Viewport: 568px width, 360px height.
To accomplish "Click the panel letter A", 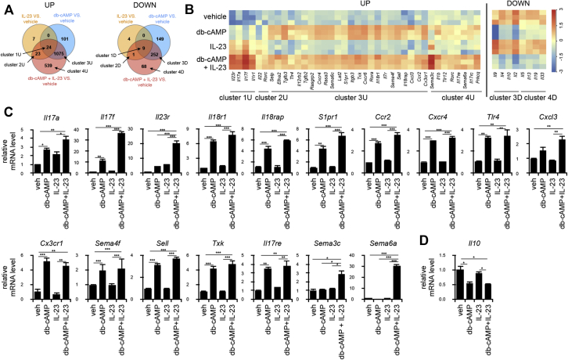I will click(6, 7).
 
